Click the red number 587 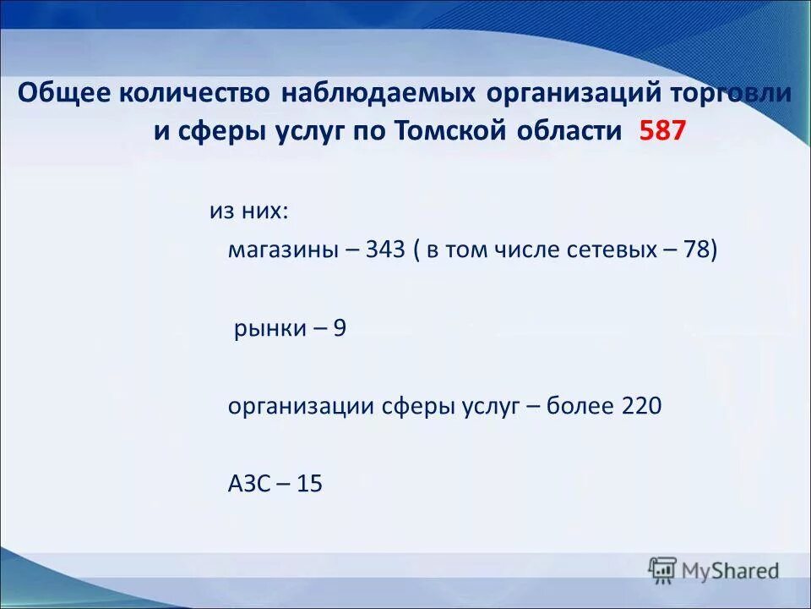tap(664, 131)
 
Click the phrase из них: tap(248, 210)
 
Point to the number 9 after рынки tap(339, 328)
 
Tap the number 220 tap(641, 406)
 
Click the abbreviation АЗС tap(248, 484)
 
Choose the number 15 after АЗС tap(310, 484)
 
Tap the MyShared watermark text tap(731, 570)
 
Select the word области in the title tap(577, 131)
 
